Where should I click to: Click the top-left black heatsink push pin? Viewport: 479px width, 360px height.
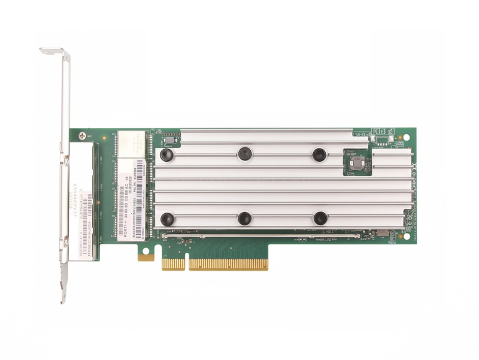[x=167, y=155]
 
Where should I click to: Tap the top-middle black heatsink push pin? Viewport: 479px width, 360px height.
[x=244, y=154]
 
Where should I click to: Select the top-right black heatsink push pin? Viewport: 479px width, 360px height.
[x=320, y=155]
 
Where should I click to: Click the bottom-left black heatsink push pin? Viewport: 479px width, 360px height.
[x=167, y=219]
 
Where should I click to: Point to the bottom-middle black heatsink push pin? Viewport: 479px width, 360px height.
[x=244, y=219]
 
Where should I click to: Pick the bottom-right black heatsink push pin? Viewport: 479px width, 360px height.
[x=320, y=218]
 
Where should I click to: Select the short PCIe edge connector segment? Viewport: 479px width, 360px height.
[x=173, y=264]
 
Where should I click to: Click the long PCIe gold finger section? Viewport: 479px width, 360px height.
[x=228, y=264]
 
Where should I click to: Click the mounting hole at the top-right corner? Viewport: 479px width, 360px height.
[x=407, y=137]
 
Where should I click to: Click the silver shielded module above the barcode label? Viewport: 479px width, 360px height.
[x=131, y=144]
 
